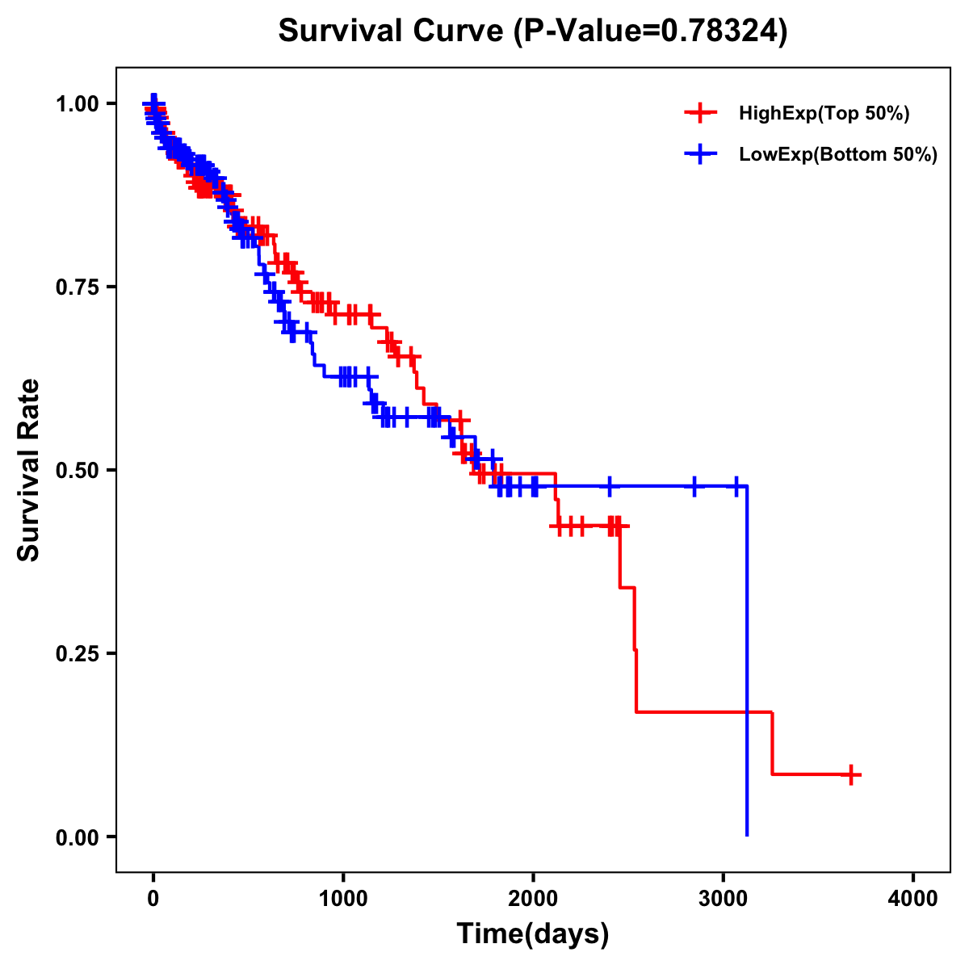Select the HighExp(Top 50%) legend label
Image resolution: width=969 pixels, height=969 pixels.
pyautogui.click(x=824, y=114)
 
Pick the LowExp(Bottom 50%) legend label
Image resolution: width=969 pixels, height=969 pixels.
pyautogui.click(x=838, y=155)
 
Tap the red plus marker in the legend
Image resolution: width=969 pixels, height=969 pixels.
pyautogui.click(x=700, y=113)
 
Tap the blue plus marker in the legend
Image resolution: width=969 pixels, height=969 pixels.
pyautogui.click(x=700, y=154)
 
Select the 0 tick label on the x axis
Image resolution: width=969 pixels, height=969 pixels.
pyautogui.click(x=153, y=899)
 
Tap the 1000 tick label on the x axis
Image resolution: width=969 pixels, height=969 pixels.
pyautogui.click(x=343, y=899)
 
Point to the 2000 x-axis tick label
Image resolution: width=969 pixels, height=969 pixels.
pyautogui.click(x=533, y=899)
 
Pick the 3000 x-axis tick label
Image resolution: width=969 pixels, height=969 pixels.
pyautogui.click(x=724, y=899)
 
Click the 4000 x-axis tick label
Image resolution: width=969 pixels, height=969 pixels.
pyautogui.click(x=913, y=899)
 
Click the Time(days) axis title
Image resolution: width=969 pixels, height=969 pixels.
pyautogui.click(x=533, y=934)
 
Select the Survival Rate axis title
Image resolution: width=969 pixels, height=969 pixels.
pyautogui.click(x=29, y=470)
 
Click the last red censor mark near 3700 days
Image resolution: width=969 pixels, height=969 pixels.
pyautogui.click(x=850, y=774)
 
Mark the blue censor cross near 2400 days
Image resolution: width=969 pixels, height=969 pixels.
pyautogui.click(x=610, y=486)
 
